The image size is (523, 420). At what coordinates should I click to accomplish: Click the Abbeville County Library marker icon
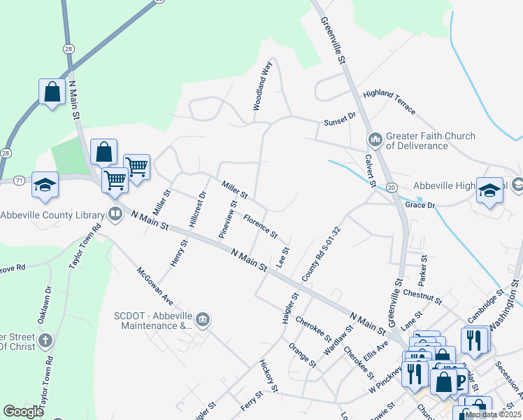(115, 214)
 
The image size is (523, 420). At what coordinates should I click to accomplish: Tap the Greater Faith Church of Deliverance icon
(375, 140)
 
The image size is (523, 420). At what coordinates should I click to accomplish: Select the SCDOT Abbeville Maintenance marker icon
(203, 320)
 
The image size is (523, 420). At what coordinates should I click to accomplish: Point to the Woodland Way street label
(261, 86)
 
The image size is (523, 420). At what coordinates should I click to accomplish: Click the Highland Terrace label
(389, 102)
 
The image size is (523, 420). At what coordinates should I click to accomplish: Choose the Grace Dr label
(420, 206)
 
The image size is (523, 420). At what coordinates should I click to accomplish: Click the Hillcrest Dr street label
(197, 209)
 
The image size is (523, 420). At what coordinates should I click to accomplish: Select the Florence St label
(260, 225)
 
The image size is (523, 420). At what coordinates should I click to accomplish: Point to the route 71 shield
(19, 181)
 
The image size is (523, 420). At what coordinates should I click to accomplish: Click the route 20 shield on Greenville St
(392, 188)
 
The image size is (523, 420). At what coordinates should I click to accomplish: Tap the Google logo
(24, 412)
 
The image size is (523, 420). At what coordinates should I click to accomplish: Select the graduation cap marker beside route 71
(45, 184)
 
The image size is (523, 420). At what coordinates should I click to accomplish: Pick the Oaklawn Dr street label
(48, 300)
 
